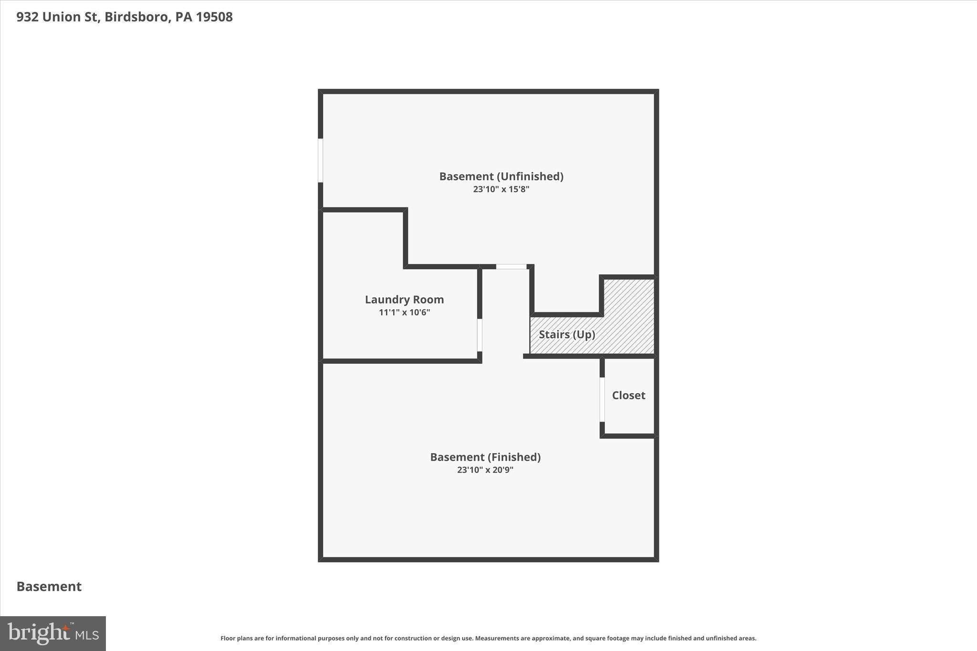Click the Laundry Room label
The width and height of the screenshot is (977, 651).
click(404, 300)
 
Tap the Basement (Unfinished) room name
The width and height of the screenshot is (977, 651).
click(501, 176)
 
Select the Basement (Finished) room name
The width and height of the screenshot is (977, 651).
click(485, 457)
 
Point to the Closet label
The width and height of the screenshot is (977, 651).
click(628, 395)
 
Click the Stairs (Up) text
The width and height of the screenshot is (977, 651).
click(567, 334)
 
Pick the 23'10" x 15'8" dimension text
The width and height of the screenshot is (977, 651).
click(501, 189)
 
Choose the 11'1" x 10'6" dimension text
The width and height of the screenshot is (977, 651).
click(404, 312)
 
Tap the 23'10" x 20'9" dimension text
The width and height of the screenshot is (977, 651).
click(485, 470)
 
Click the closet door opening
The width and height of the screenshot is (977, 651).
click(602, 399)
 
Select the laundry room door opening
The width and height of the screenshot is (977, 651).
click(479, 335)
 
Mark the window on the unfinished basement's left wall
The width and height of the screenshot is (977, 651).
click(321, 160)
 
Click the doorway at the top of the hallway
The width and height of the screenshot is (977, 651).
click(511, 267)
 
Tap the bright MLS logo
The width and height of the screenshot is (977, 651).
click(53, 633)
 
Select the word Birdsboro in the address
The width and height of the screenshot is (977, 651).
click(136, 17)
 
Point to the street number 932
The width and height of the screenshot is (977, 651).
click(27, 17)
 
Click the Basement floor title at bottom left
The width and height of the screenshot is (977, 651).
click(49, 586)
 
